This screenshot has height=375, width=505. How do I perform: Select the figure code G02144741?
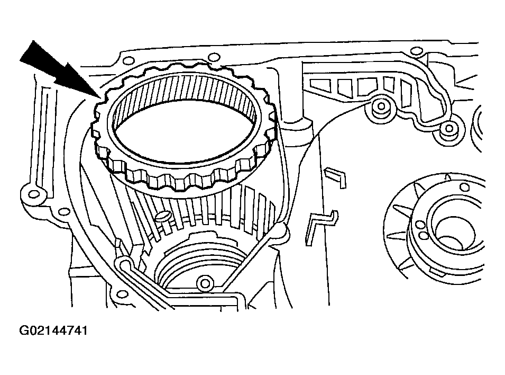click(53, 331)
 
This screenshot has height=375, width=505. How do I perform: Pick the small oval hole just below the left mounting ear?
click(64, 212)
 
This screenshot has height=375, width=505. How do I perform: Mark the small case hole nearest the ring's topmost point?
click(214, 57)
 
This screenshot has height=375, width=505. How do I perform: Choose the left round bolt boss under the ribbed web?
click(379, 108)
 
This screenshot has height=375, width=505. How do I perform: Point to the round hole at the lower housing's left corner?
click(125, 263)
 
